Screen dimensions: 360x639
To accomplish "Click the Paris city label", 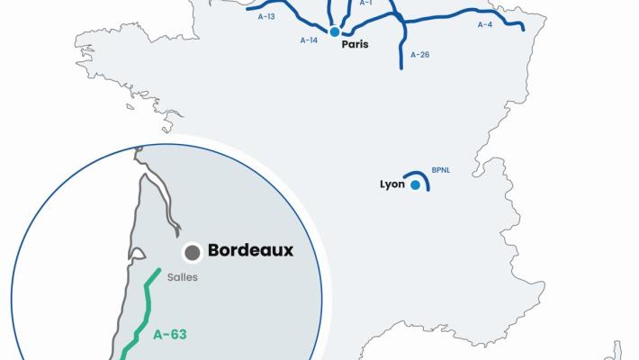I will click(355, 44).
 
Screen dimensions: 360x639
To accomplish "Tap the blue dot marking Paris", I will click(335, 32).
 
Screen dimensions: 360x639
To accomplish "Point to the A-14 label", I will click(309, 40).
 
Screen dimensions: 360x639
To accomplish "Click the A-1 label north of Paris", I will click(365, 4).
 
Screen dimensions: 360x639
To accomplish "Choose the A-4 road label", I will click(485, 24).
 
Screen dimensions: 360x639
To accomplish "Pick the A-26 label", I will click(419, 55).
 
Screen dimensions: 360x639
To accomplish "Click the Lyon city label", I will click(392, 185).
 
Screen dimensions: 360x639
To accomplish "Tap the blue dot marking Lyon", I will click(415, 185).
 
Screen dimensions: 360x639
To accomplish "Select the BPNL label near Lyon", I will click(440, 169).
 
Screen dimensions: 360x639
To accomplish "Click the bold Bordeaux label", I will click(250, 251).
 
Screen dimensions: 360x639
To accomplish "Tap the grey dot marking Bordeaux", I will click(192, 252).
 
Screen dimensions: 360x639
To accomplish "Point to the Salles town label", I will click(182, 278).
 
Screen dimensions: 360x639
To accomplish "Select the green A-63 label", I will click(169, 334).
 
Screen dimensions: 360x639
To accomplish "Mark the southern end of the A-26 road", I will click(400, 67).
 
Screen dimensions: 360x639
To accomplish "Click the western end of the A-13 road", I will click(224, 35).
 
